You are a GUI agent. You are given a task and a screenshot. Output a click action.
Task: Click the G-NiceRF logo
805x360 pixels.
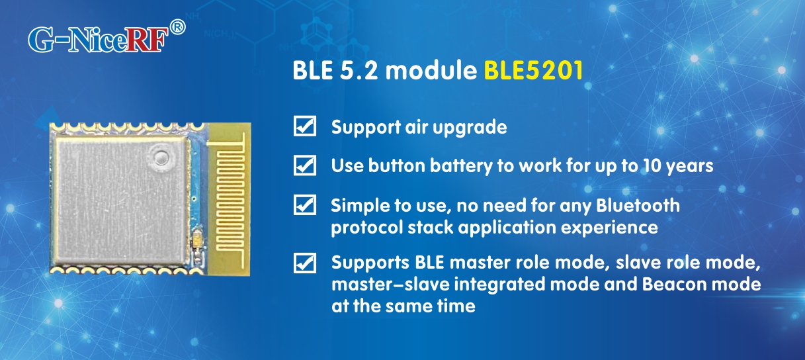pos(98,39)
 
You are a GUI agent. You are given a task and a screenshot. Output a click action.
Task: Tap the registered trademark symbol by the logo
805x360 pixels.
pos(177,27)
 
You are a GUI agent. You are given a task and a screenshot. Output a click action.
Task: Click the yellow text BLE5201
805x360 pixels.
pos(534,71)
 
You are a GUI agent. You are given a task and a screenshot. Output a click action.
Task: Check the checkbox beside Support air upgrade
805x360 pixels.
pos(304,126)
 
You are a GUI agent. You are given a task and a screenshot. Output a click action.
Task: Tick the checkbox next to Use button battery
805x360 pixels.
pos(304,165)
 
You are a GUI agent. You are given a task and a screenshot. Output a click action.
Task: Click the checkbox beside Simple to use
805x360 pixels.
pos(304,205)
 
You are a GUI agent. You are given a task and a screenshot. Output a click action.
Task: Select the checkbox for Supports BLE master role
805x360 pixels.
pos(304,263)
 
